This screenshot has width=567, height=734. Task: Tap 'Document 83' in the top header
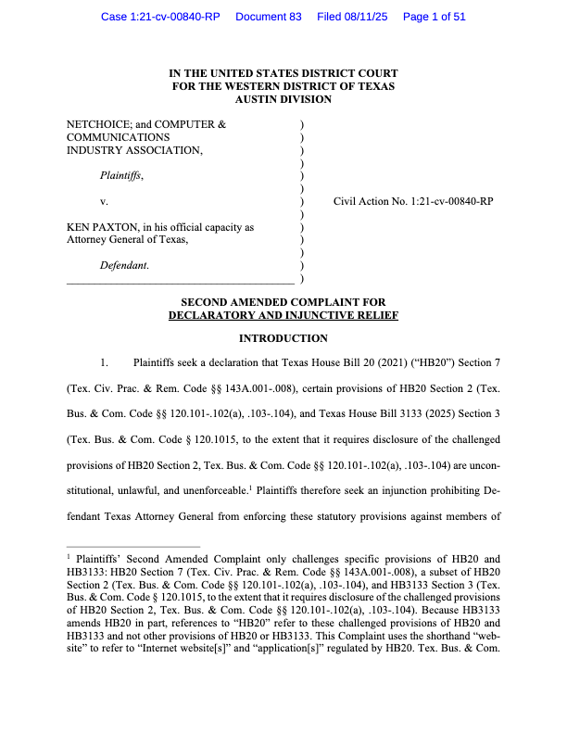269,17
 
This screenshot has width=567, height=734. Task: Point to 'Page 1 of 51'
435,17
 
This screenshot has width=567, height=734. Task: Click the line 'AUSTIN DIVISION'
283,98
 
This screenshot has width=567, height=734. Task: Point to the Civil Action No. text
412,200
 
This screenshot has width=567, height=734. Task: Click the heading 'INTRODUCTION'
283,338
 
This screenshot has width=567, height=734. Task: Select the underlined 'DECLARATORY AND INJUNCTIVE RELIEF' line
283,315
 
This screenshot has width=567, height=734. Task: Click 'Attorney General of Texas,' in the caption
128,239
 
